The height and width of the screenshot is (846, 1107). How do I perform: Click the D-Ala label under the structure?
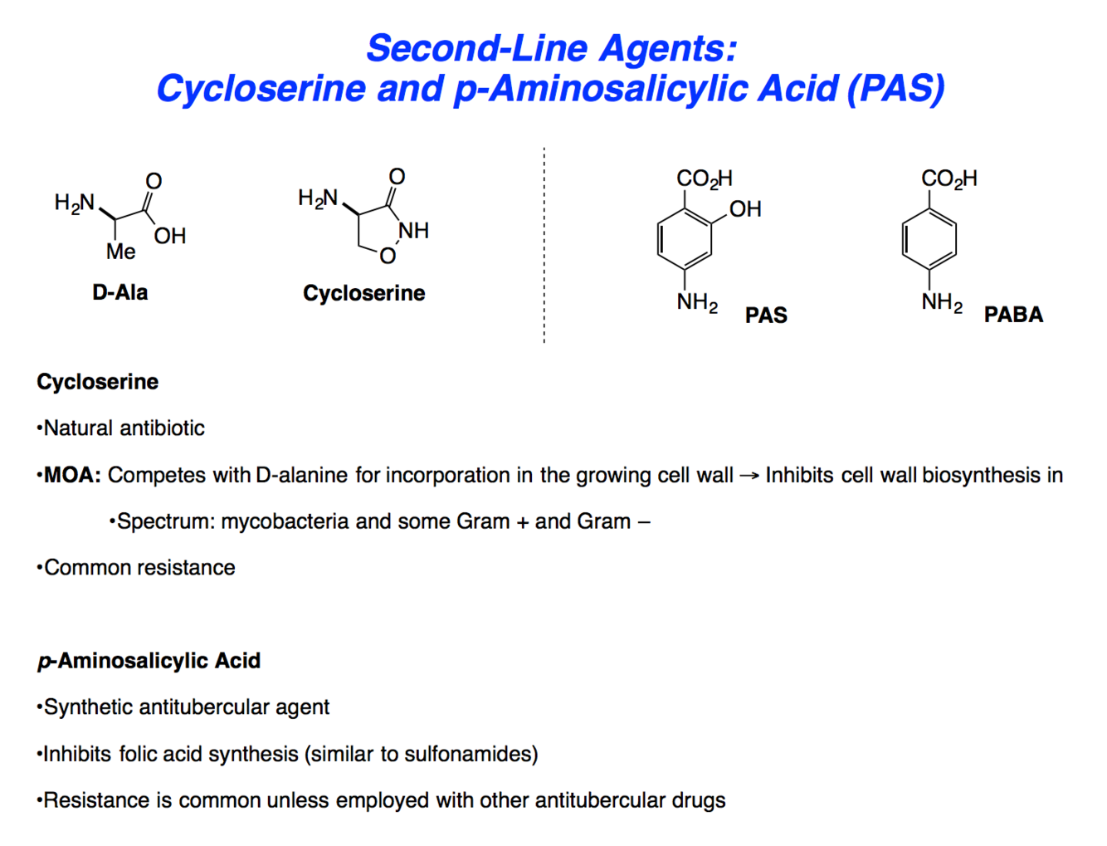coord(120,292)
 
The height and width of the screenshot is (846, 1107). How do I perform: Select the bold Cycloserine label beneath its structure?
coord(363,293)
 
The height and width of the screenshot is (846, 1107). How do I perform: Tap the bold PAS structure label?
coord(766,315)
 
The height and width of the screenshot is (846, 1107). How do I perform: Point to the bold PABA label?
coord(1013,315)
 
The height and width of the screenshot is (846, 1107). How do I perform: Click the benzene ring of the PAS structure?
coord(685,239)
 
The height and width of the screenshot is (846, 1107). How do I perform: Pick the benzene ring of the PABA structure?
coord(929,239)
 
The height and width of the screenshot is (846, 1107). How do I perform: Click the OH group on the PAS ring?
coord(745,209)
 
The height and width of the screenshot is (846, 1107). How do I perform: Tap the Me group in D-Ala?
coord(121,252)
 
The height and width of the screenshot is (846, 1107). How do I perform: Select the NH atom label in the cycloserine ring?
coord(413,230)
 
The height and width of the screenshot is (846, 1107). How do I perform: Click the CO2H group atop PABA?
coord(949,178)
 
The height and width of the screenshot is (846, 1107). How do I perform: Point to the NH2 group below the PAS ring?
coord(697,302)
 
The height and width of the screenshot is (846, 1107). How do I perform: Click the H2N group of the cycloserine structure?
coord(318,198)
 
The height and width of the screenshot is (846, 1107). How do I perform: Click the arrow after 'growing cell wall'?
coord(749,476)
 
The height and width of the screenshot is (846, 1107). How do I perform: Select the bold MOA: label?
coord(72,475)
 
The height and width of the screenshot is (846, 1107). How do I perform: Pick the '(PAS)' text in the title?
coord(896,89)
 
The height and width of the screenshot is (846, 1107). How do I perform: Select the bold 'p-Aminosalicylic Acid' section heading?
coord(149,661)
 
